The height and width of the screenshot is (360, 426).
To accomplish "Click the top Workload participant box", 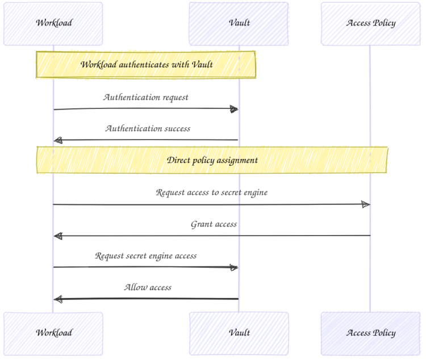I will click(53, 23).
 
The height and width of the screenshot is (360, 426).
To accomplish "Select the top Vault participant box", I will click(239, 23).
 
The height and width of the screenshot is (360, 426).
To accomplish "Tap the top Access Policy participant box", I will click(370, 23).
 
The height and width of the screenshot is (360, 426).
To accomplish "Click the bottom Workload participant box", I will click(53, 333).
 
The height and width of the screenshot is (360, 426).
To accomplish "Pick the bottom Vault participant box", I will click(239, 333).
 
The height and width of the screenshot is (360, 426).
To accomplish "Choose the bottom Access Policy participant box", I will click(370, 333).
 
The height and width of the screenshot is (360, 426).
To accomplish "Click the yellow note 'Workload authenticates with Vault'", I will click(146, 65).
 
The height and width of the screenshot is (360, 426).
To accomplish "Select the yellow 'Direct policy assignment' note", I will click(212, 160).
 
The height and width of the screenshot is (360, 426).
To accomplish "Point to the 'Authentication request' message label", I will click(146, 97).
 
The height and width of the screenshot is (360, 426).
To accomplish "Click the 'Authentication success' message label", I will click(148, 128).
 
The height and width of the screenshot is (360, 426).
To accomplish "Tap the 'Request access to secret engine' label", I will click(212, 192).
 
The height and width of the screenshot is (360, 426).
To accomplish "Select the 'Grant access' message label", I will click(214, 224).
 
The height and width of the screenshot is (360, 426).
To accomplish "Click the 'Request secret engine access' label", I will click(146, 256).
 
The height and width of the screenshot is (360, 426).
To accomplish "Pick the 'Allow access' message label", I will click(148, 287).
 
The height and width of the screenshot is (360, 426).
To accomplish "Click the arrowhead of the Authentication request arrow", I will click(234, 109).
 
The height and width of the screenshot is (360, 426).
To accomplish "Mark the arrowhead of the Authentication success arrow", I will click(58, 140).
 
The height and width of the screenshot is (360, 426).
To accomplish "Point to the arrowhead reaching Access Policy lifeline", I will click(366, 204).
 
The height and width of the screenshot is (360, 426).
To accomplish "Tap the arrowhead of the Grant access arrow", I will click(58, 236).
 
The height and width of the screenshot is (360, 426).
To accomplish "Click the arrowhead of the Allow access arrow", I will click(58, 299).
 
